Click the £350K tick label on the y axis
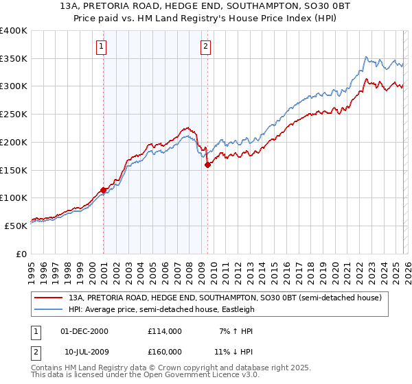14,59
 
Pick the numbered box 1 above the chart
101,47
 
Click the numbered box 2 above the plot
205,47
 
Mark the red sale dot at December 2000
104,190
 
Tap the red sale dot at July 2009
207,165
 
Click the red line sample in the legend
49,298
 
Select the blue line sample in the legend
49,309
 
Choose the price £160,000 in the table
165,352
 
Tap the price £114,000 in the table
165,331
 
